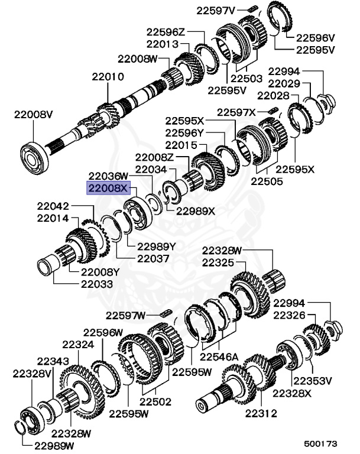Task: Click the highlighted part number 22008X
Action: click(x=108, y=189)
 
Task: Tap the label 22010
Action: click(x=107, y=76)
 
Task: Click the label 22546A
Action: click(x=218, y=356)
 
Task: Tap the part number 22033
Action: click(x=92, y=284)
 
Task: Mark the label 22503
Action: click(x=247, y=78)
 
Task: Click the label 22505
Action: click(x=267, y=182)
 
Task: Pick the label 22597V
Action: click(x=216, y=9)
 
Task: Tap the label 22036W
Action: click(x=108, y=176)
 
